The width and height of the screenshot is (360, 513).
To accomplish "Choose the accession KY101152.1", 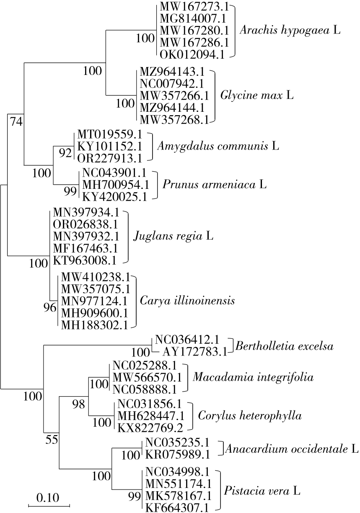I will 110,147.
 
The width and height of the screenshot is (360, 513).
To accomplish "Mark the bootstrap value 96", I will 50,308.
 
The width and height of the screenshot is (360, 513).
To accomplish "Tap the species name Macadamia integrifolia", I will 253,377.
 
